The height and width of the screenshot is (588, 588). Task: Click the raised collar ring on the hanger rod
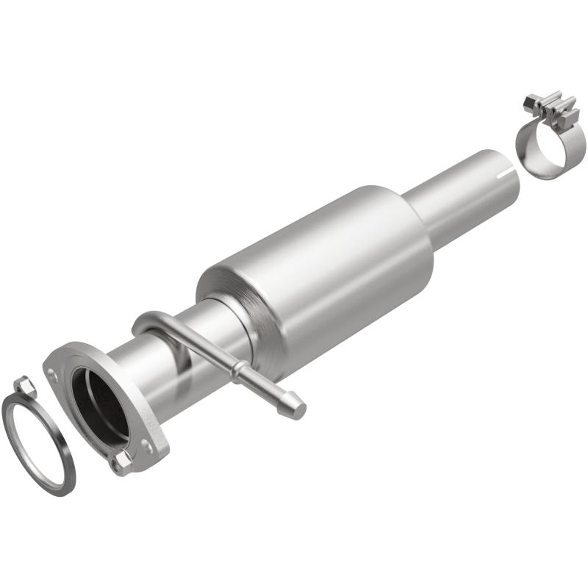pyautogui.click(x=240, y=373)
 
